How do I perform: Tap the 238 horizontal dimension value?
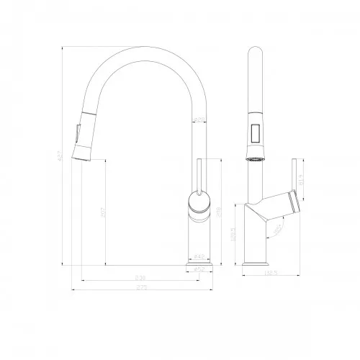pos(140,277)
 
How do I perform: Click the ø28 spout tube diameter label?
pos(199,119)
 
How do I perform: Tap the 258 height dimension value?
pos(218,214)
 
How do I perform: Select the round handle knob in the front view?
pos(199,202)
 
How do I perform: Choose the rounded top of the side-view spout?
pos(254,52)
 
